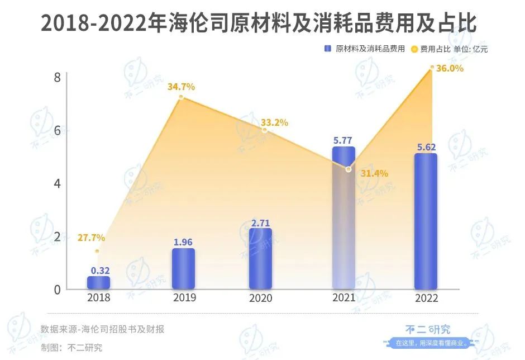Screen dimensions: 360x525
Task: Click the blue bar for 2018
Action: pos(98,283)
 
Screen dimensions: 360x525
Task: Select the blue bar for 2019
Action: pos(183,269)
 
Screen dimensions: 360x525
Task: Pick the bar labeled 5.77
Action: pos(343,218)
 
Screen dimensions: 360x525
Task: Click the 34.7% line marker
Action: pos(181,97)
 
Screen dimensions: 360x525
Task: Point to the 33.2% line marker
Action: pos(265,130)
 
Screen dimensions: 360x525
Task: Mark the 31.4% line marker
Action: pos(349,169)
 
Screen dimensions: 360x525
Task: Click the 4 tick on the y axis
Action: pos(57,183)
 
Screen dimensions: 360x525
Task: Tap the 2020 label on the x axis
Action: pos(261,298)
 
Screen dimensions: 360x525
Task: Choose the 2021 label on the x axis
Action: pos(343,298)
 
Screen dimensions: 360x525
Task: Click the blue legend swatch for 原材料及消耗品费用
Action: pos(328,49)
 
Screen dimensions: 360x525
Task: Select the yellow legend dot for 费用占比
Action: pos(414,49)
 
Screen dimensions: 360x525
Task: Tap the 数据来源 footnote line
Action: pos(103,329)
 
